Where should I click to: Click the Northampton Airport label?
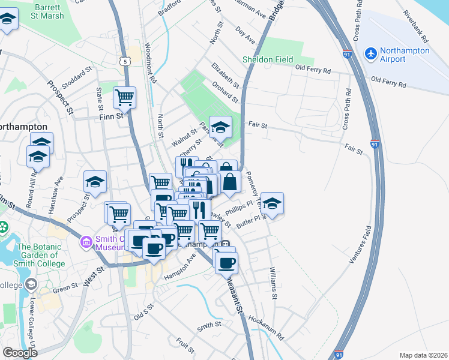pyautogui.click(x=406, y=55)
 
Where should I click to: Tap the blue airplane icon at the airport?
pyautogui.click(x=370, y=55)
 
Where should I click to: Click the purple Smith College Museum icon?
pyautogui.click(x=87, y=243)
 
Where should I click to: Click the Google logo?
pyautogui.click(x=20, y=352)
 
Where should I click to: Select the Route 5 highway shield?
pyautogui.click(x=124, y=61)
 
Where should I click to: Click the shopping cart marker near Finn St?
pyautogui.click(x=124, y=97)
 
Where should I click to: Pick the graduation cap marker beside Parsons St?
pyautogui.click(x=220, y=127)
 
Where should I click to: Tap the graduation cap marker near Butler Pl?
pyautogui.click(x=273, y=203)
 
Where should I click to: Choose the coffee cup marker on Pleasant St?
pyautogui.click(x=227, y=263)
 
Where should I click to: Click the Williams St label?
pyautogui.click(x=273, y=283)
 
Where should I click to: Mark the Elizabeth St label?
pyautogui.click(x=226, y=76)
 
